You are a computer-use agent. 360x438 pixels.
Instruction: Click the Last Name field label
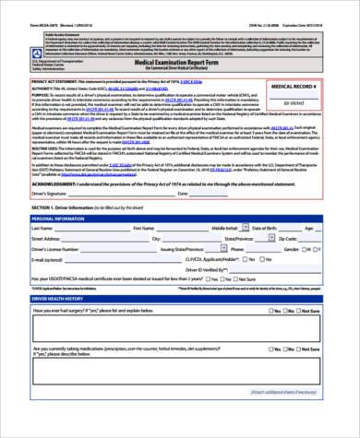coord(44,227)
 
